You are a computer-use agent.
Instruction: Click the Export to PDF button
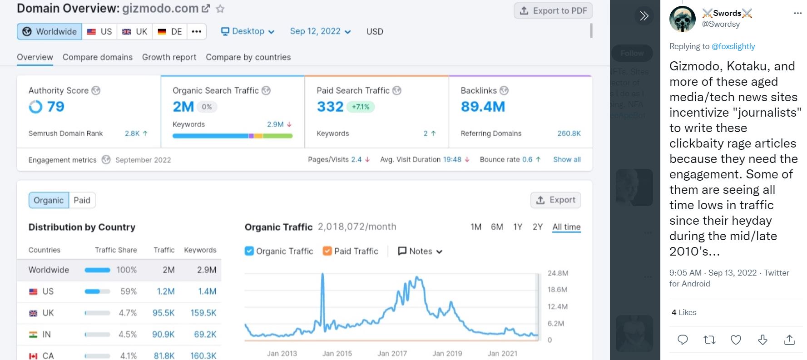pos(553,10)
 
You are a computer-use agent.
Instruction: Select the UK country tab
pos(135,31)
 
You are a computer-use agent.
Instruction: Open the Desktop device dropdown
pos(248,31)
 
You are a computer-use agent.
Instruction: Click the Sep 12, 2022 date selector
pos(320,31)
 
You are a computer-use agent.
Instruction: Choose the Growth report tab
pos(169,57)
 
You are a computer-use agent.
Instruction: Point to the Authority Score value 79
pos(55,107)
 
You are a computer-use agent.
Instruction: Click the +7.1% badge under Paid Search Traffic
pos(361,107)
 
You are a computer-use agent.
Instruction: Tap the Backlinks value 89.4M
pos(483,107)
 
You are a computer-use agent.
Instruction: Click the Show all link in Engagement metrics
pos(567,159)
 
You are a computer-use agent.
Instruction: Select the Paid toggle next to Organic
pos(82,200)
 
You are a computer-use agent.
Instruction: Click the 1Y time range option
pos(518,227)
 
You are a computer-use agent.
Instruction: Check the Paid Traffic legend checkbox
pos(327,251)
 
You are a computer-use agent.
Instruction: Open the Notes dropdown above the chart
pos(420,251)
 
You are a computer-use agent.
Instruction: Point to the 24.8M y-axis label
pos(558,273)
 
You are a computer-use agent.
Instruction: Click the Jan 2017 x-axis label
pos(392,353)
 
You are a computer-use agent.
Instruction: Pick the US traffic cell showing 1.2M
pos(165,291)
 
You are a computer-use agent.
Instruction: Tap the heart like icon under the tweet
pos(736,340)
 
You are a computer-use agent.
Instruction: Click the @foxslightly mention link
pos(733,46)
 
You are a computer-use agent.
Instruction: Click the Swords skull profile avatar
pos(682,19)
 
